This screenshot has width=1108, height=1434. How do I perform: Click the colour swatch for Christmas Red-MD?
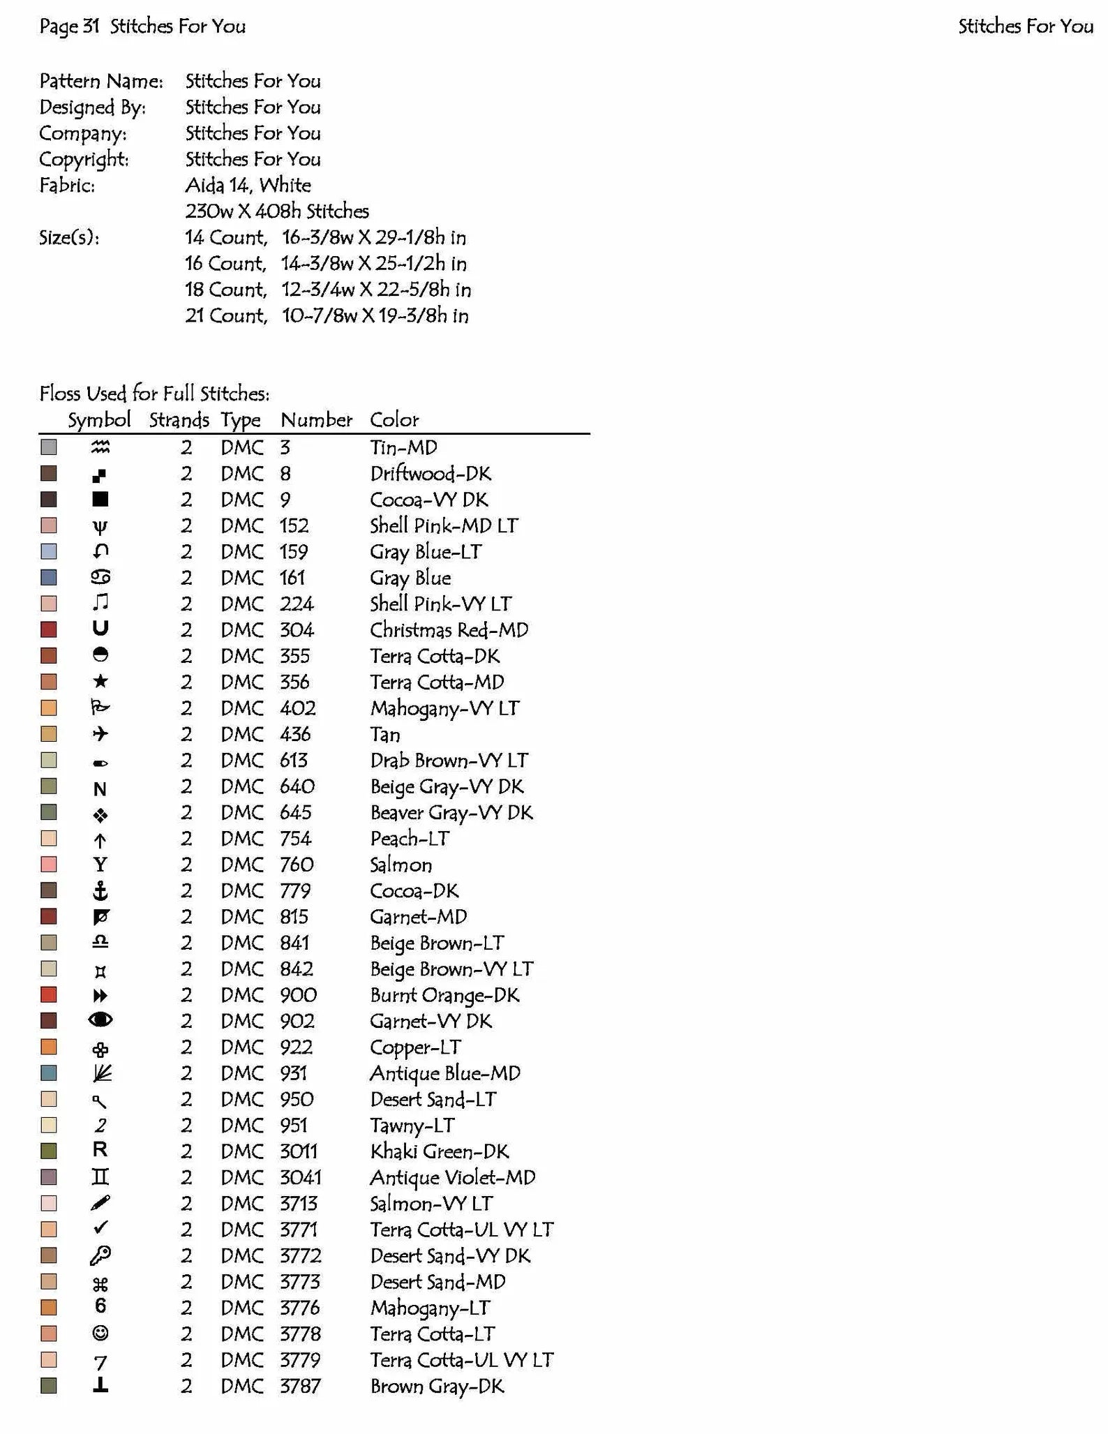pyautogui.click(x=48, y=629)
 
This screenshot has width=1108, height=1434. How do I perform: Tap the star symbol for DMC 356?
pyautogui.click(x=100, y=681)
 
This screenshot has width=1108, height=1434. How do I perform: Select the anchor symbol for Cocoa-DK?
pyautogui.click(x=100, y=890)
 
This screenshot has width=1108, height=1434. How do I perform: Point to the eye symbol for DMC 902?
pyautogui.click(x=100, y=1020)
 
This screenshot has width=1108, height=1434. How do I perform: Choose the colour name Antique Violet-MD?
pyautogui.click(x=452, y=1177)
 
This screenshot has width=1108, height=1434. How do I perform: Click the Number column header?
pyautogui.click(x=316, y=420)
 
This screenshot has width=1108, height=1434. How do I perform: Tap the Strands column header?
pyautogui.click(x=179, y=420)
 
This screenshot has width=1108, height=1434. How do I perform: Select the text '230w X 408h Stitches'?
pyautogui.click(x=277, y=211)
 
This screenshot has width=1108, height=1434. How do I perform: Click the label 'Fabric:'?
pyautogui.click(x=67, y=186)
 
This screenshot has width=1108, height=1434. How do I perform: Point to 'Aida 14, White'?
pyautogui.click(x=248, y=186)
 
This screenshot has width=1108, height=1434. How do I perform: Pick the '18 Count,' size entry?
pyautogui.click(x=225, y=290)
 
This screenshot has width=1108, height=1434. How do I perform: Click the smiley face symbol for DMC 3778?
pyautogui.click(x=100, y=1334)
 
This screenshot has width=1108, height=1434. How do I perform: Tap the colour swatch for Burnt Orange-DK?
pyautogui.click(x=48, y=994)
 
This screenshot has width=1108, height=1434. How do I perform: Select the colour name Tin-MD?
pyautogui.click(x=403, y=447)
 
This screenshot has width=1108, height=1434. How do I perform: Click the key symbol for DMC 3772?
pyautogui.click(x=100, y=1255)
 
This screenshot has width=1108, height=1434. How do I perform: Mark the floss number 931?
pyautogui.click(x=294, y=1073)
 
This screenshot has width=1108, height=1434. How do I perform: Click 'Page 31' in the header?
pyautogui.click(x=70, y=27)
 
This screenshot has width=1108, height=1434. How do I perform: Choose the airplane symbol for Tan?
pyautogui.click(x=100, y=733)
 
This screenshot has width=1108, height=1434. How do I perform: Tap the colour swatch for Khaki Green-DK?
pyautogui.click(x=48, y=1151)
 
